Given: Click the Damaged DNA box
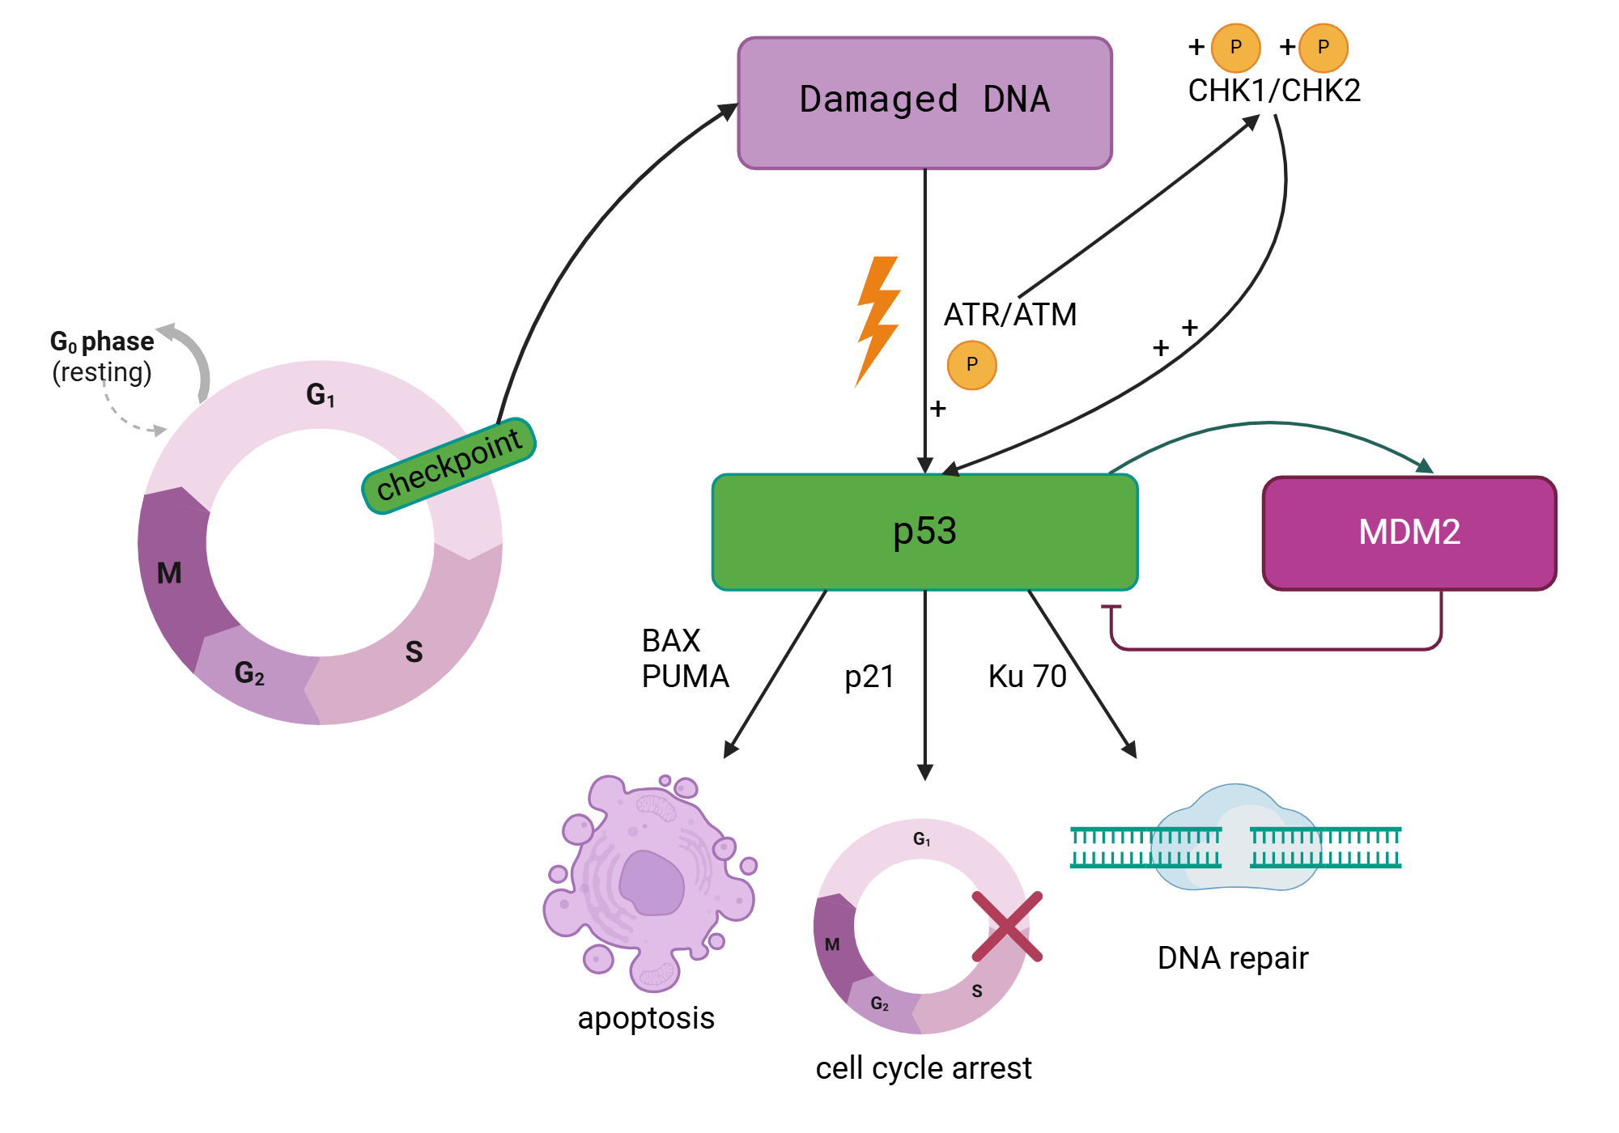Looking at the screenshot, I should tap(924, 102).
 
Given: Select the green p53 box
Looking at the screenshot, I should tap(924, 532).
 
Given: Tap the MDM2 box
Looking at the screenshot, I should tap(1409, 533).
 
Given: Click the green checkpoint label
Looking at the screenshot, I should tap(448, 465).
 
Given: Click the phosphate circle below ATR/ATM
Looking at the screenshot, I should tap(971, 365).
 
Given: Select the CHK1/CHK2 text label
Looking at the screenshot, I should tap(1273, 91).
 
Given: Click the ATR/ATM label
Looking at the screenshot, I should tap(1009, 314).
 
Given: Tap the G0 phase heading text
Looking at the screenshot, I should tap(102, 342).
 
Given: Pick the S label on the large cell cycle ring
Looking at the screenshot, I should tap(414, 651).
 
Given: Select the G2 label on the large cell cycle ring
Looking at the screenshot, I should tap(249, 673).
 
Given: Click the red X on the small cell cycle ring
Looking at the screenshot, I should tap(1007, 927).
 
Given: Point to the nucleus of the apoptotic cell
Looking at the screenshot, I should tap(651, 884).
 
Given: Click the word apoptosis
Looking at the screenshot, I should tap(645, 1018).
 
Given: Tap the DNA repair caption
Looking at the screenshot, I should tap(1232, 958).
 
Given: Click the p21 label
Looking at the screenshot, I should tap(869, 677).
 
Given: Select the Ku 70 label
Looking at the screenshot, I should tap(1026, 677).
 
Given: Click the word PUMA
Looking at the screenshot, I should tap(685, 677).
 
